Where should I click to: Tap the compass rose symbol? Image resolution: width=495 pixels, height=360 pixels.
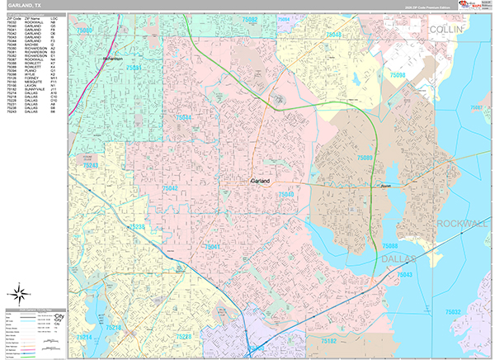20,292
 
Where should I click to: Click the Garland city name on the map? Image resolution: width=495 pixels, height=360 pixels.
262,179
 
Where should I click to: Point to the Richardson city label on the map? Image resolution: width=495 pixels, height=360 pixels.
112,59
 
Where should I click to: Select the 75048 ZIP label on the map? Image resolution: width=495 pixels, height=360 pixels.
333,35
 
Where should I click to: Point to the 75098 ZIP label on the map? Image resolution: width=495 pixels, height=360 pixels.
397,75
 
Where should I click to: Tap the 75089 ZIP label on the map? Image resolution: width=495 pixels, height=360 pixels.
365,157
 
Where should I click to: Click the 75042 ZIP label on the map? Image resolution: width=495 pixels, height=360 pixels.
170,188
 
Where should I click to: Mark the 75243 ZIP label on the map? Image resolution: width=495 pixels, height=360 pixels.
90,166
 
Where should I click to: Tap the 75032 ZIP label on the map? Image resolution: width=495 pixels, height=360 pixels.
453,311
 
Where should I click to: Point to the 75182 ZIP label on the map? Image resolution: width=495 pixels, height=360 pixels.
328,339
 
